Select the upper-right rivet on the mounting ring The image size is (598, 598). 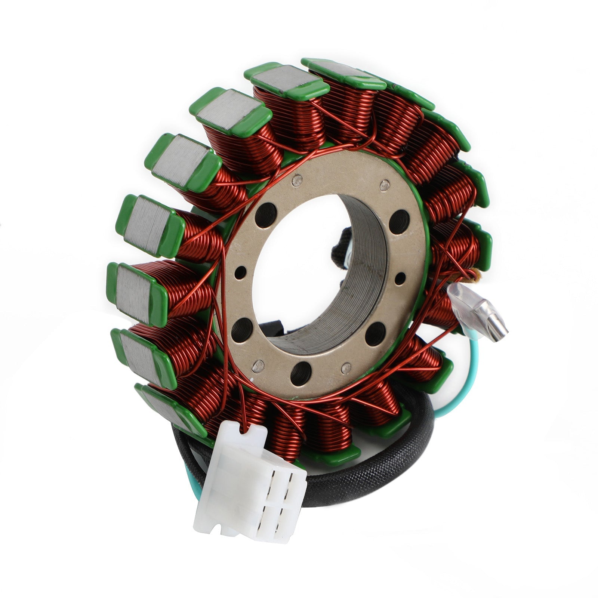pos(382,184)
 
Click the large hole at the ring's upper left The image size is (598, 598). pos(266,216)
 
